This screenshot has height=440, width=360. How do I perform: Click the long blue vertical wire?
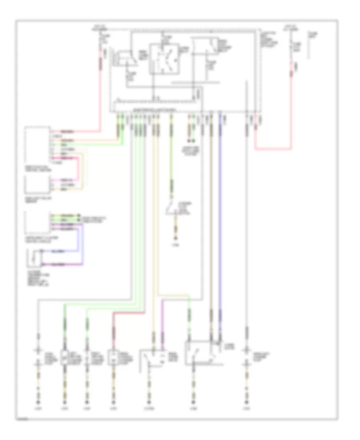coord(220,224)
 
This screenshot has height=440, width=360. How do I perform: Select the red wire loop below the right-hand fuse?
coord(274,149)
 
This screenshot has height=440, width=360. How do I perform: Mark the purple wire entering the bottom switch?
coord(162,320)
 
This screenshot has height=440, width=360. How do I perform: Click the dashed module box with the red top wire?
coord(37,146)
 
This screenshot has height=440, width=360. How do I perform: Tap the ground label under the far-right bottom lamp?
coord(247,409)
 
